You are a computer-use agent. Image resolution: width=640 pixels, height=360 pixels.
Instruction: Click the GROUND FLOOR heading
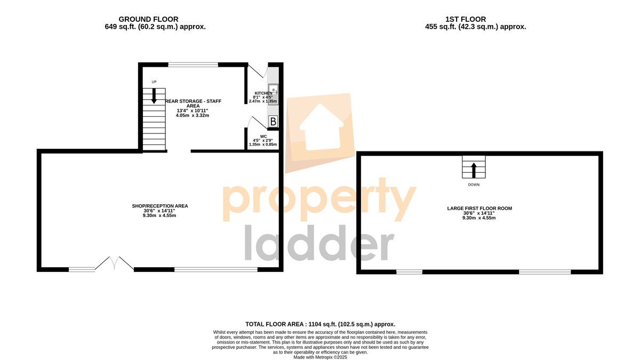pos(148,19)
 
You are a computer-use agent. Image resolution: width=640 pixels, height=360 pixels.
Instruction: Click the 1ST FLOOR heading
pos(466,19)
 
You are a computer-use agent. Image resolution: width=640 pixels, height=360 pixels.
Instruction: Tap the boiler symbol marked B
pos(273,122)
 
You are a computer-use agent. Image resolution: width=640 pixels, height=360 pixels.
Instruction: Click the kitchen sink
pos(273,94)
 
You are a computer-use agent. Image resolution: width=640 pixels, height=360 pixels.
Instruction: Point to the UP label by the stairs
pos(154,82)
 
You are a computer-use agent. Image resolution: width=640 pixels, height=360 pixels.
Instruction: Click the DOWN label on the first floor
pos(474,185)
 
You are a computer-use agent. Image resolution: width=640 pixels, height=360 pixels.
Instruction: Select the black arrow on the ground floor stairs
pos(154,96)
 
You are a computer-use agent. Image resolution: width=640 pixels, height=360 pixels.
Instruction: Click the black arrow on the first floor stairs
pos(474,170)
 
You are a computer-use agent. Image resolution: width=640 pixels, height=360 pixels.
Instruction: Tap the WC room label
pos(263,137)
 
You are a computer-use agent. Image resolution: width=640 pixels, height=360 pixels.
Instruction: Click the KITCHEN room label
pos(263,93)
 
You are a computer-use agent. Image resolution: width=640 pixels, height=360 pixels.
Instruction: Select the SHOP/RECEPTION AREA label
pos(160,206)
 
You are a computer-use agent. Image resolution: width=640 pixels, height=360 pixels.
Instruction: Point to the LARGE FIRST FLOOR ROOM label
pos(479,209)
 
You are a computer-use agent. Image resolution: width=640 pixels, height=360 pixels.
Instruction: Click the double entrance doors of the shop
pos(114,263)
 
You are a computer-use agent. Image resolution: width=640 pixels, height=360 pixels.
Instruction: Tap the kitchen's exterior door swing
pos(257,70)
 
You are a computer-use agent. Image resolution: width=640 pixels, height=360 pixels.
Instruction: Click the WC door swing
pos(257,122)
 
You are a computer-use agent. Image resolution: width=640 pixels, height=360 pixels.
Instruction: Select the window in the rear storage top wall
pos(193,65)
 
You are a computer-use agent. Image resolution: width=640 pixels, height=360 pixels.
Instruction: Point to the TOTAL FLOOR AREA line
pos(321,324)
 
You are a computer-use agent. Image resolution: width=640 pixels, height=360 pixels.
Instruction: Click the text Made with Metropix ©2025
pos(321,357)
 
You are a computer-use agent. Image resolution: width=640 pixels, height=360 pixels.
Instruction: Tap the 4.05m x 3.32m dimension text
pos(193,115)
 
